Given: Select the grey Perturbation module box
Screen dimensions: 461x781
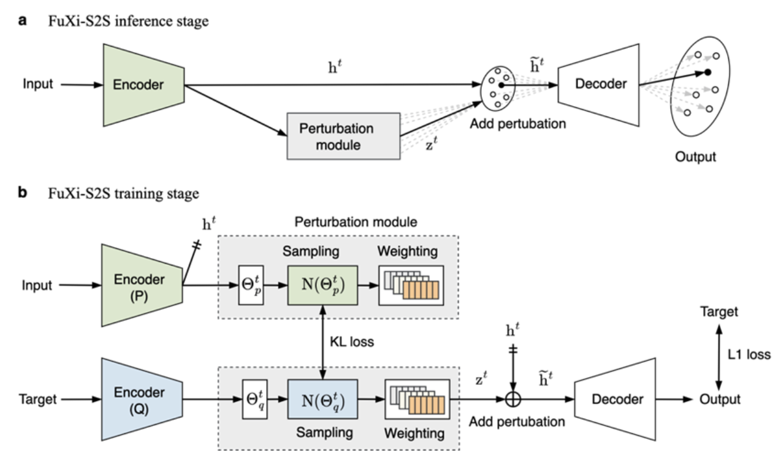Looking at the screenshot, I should pos(343,137).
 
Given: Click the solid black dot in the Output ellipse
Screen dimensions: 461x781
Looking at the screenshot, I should pos(707,72).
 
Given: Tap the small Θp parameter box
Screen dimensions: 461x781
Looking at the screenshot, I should pos(250,286).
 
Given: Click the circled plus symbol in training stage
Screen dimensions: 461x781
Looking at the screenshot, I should pos(512,400).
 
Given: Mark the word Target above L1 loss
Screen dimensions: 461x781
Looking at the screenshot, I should pos(719,311).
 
